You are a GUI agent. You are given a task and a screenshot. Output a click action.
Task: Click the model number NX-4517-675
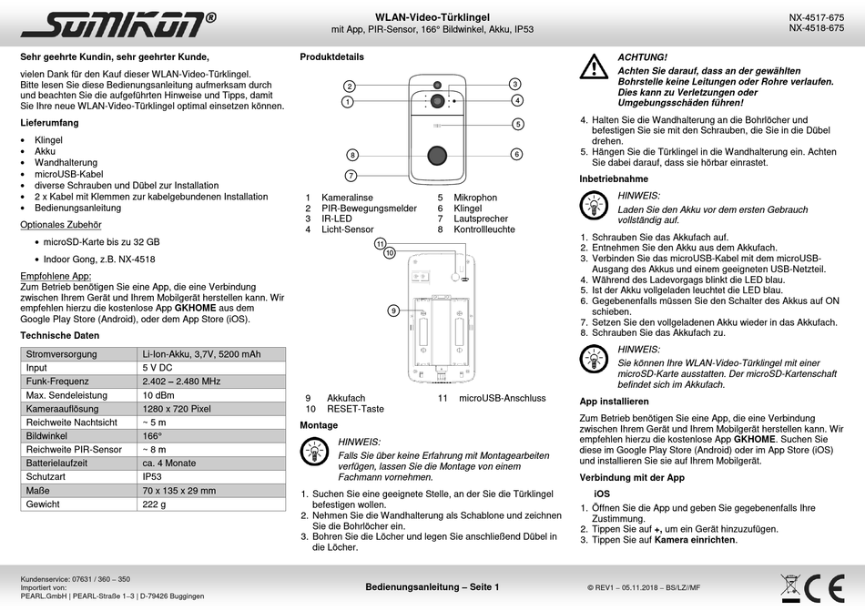pos(816,17)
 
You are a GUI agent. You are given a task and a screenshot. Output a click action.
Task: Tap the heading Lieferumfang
pos(49,122)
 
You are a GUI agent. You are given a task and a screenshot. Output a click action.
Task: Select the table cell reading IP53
pos(152,476)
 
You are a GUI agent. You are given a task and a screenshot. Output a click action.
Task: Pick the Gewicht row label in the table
pos(43,504)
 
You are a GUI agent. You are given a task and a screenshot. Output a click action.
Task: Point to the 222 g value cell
pos(154,504)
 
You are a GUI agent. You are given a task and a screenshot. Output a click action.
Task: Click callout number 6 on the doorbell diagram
pos(516,154)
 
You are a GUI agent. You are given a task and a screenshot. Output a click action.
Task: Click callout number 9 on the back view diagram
pos(393,311)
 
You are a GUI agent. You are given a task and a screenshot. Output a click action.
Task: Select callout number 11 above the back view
pos(381,243)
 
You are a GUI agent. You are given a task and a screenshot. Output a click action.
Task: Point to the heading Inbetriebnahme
pos(614,178)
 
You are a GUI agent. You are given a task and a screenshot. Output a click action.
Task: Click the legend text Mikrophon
pos(475,197)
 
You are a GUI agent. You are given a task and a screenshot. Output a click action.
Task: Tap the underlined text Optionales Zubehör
pos(60,224)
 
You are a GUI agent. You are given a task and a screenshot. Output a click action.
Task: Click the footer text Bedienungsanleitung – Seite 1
pos(432,587)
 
